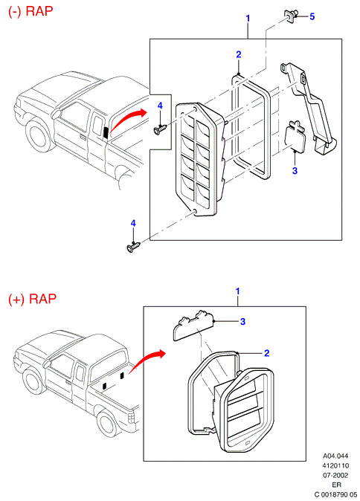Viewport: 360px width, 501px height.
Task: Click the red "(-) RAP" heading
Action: click(30, 11)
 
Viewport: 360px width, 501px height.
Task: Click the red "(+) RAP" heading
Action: click(32, 299)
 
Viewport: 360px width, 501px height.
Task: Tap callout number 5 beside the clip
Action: click(312, 16)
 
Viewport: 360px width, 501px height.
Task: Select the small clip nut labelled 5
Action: click(291, 16)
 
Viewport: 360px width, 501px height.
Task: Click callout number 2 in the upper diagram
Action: click(239, 55)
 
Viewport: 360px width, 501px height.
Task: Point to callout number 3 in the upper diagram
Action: click(295, 171)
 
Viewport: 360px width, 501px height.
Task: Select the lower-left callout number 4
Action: click(133, 223)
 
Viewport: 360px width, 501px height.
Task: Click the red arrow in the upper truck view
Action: click(126, 120)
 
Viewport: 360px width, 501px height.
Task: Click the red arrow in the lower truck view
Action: click(147, 361)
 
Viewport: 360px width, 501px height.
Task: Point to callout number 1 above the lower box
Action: click(237, 291)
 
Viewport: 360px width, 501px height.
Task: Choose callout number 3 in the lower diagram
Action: click(242, 321)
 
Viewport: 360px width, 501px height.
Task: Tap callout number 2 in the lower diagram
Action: click(266, 353)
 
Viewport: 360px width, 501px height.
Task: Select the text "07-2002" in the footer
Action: click(335, 475)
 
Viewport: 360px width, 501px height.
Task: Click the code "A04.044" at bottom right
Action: click(335, 456)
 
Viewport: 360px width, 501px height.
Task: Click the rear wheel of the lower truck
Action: click(107, 425)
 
